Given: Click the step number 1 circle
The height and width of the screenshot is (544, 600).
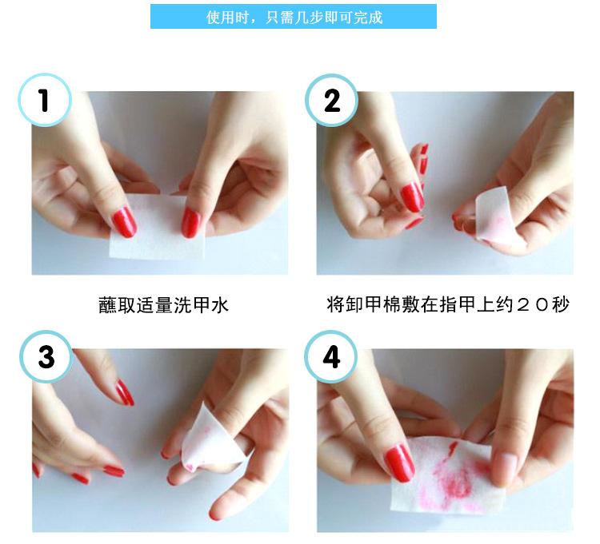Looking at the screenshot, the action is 45,100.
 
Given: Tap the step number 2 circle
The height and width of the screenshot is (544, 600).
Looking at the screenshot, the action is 332,100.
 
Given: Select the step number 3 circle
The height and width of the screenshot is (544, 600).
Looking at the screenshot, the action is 46,357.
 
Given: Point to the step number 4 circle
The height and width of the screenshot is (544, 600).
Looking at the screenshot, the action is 331,357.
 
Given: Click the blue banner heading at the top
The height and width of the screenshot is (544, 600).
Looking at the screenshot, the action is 294,17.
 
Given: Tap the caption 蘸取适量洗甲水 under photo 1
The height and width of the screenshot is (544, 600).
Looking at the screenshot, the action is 163,305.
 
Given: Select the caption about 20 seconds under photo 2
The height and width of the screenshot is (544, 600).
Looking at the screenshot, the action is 448,304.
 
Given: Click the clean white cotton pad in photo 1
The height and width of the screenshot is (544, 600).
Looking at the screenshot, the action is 157,228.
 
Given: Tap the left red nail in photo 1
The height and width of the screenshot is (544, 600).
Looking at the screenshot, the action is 124,222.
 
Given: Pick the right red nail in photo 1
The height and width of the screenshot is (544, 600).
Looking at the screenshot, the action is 190,222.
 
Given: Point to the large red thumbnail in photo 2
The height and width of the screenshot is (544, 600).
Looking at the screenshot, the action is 412,197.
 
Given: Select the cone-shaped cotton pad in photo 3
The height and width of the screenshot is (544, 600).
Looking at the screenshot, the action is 210,435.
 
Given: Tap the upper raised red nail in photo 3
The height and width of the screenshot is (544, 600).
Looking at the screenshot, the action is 125,392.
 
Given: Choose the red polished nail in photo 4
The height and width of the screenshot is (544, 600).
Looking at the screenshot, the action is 399,463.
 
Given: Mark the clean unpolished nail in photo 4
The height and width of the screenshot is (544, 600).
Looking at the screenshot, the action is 504,464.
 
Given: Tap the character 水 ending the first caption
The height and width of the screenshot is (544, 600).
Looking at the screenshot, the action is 220,305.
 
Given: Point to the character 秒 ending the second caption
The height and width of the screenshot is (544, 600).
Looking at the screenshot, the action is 561,304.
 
